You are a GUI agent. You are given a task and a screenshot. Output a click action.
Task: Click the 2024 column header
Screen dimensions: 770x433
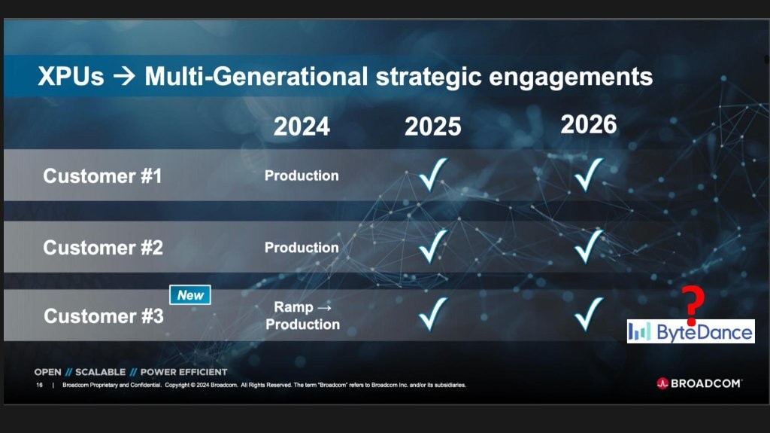(302, 127)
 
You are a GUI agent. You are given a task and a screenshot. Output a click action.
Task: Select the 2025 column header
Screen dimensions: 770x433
(432, 127)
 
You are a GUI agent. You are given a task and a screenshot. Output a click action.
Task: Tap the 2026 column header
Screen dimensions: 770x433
(588, 124)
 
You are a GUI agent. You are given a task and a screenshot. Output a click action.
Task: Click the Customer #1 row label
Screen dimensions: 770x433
(102, 176)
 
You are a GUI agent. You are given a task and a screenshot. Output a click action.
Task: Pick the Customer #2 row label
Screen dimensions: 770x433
(102, 248)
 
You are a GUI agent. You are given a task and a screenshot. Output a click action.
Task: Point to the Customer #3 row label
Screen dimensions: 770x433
(103, 316)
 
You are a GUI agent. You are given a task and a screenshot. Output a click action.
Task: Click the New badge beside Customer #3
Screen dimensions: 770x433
(190, 294)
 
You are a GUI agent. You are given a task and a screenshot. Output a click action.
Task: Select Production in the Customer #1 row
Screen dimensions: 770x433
(302, 175)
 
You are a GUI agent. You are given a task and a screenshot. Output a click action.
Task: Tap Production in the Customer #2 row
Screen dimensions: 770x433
(302, 248)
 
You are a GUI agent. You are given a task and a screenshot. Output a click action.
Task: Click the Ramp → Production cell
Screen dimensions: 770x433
(302, 316)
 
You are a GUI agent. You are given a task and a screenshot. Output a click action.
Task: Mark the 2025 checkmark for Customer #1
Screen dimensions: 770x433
(432, 174)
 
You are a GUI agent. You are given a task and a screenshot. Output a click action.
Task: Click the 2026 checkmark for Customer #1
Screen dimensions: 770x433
(588, 174)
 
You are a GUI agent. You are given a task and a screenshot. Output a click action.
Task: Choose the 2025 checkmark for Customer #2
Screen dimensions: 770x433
(432, 246)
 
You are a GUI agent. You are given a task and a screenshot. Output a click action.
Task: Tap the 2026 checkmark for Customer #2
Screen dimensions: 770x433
(588, 246)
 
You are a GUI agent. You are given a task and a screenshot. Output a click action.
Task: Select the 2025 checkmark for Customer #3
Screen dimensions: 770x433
(432, 314)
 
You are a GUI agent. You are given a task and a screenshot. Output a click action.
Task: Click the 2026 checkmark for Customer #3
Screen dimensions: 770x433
(588, 314)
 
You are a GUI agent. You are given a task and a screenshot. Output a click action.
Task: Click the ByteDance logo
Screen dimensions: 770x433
(690, 331)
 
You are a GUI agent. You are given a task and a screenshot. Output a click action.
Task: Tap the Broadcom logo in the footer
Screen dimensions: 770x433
(699, 383)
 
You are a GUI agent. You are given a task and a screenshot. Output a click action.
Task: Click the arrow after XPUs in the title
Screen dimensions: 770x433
(124, 77)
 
